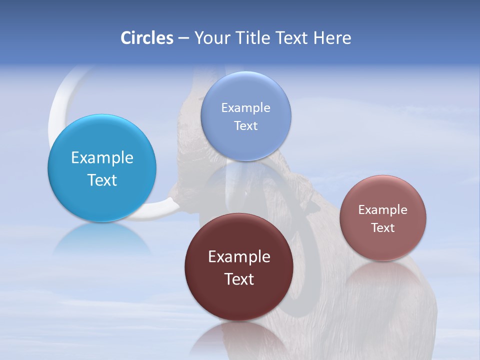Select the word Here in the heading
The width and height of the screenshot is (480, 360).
[x=332, y=38]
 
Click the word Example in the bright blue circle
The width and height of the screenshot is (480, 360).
[x=102, y=158]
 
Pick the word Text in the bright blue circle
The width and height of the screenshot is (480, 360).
[x=102, y=180]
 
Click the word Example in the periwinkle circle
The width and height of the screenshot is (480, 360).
[x=245, y=107]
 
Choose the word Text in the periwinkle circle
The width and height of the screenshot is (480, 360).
[x=245, y=125]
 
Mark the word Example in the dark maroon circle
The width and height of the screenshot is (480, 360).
[x=239, y=257]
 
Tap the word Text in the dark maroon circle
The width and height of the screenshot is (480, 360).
[x=239, y=279]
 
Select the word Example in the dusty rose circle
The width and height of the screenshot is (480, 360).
[x=383, y=209]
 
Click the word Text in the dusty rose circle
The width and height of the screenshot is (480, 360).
[x=383, y=227]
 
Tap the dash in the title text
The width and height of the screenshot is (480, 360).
[x=183, y=38]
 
